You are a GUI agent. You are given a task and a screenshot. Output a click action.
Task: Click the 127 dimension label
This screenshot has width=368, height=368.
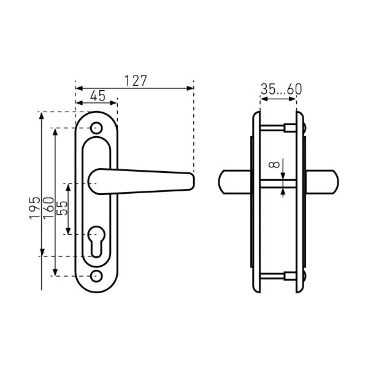(136, 80)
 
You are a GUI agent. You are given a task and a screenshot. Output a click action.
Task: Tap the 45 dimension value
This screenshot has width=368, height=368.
(98, 96)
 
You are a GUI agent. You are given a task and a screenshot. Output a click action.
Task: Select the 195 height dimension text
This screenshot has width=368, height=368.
(35, 208)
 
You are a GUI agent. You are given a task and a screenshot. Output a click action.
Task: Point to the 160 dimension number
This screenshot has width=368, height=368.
(48, 208)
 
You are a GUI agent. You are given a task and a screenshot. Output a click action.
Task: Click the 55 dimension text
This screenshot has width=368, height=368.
(63, 208)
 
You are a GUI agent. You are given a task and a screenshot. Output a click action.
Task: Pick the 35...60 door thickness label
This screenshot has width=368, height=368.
(281, 89)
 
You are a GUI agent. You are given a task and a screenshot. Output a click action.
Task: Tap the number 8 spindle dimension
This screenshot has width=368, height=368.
(274, 164)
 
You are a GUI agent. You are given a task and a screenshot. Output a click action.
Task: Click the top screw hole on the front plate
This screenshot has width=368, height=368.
(96, 128)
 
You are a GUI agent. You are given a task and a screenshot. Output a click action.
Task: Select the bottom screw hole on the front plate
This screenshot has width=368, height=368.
(96, 276)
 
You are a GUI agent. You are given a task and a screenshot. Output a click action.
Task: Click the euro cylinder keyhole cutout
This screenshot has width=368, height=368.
(96, 242)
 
